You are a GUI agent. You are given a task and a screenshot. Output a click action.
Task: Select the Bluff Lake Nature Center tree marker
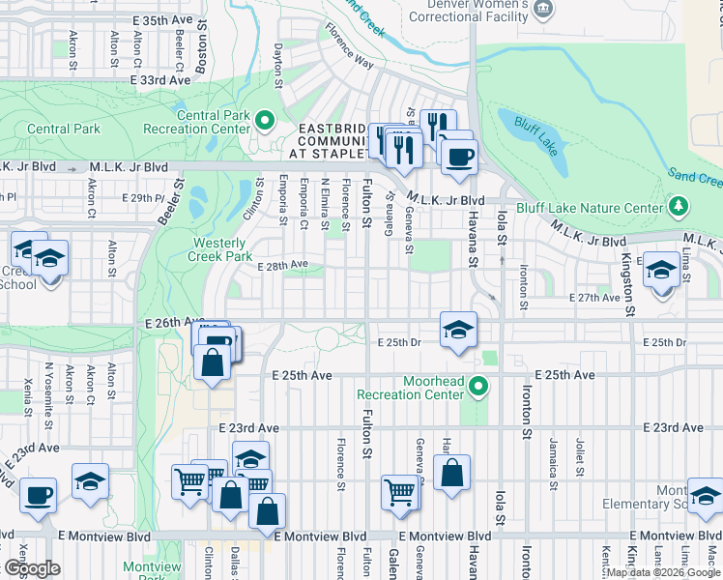tap(679, 205)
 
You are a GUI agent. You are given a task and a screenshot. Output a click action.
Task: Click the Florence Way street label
tap(349, 46)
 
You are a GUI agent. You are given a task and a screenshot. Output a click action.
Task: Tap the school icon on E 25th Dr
tap(458, 328)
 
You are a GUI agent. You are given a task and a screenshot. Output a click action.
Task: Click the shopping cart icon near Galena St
tap(399, 492)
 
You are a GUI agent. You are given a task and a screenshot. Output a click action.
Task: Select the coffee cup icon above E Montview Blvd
tap(40, 495)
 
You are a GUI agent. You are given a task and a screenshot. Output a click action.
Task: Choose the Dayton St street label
tap(277, 65)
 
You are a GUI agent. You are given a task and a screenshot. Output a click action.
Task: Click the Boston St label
tap(201, 44)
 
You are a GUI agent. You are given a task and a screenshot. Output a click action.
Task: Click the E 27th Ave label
tap(594, 298)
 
